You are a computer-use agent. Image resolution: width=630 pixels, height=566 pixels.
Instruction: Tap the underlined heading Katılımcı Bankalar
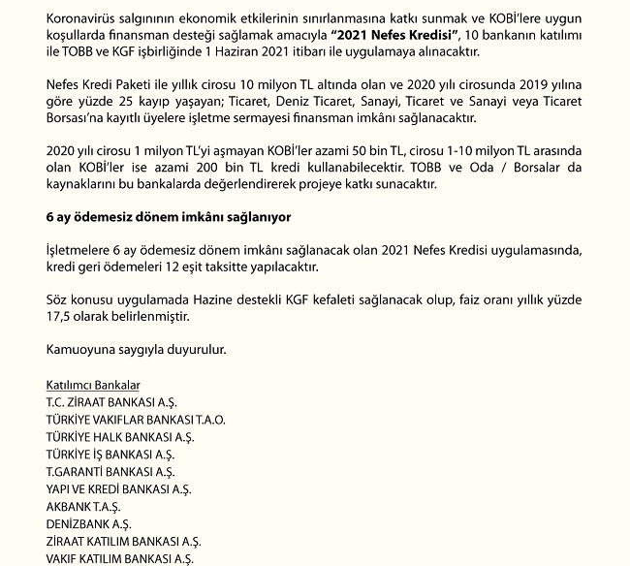pos(99,385)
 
